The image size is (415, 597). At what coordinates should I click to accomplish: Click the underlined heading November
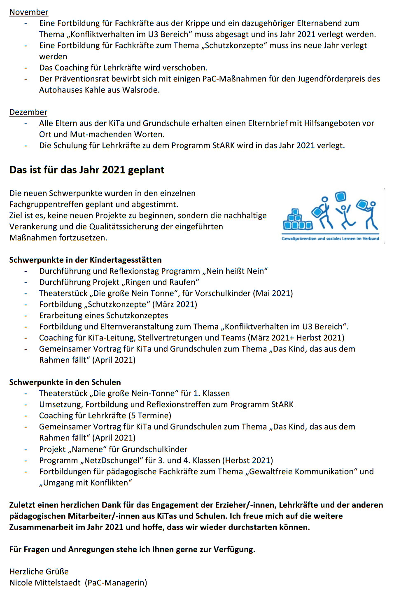click(x=29, y=12)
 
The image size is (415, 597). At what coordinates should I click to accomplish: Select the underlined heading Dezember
click(x=28, y=112)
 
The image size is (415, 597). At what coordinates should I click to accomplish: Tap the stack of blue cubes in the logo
click(x=297, y=220)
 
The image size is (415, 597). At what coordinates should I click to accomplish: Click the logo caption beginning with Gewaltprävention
click(x=330, y=238)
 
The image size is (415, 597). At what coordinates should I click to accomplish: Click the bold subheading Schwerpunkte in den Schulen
click(x=65, y=382)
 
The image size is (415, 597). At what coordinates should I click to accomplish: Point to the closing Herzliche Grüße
click(x=39, y=571)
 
